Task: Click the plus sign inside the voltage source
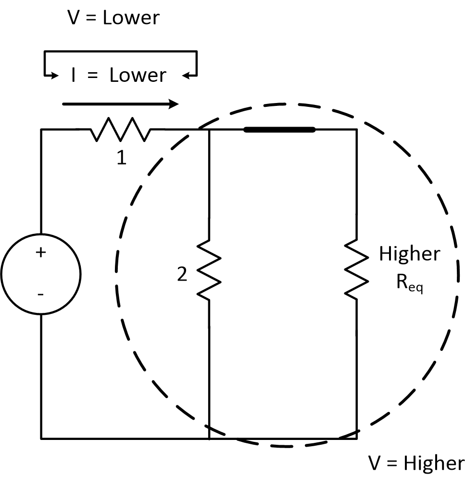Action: pyautogui.click(x=40, y=252)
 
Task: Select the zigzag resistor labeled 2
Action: pyautogui.click(x=209, y=269)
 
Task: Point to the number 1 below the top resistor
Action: pyautogui.click(x=122, y=158)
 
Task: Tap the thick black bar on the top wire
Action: pyautogui.click(x=279, y=129)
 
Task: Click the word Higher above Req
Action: pyautogui.click(x=409, y=254)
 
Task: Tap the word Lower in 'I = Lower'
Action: pyautogui.click(x=138, y=76)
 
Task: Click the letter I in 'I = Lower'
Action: pyautogui.click(x=74, y=76)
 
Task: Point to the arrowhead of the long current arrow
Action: pyautogui.click(x=174, y=103)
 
